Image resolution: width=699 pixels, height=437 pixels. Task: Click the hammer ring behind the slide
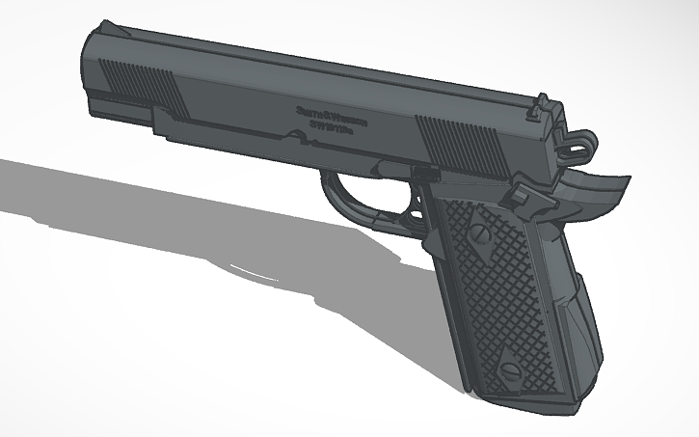pos(579,144)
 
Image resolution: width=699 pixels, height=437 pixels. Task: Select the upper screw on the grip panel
pos(478,232)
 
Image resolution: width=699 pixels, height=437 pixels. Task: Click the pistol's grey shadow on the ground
pos(193,222)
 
